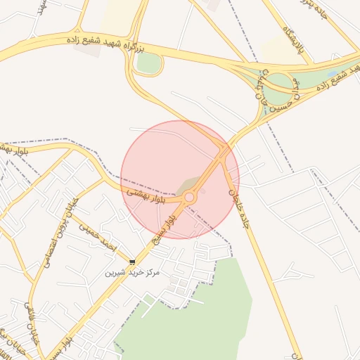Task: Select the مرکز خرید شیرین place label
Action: pos(133,272)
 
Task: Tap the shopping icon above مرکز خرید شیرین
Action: pos(132,262)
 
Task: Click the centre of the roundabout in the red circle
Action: pos(189,198)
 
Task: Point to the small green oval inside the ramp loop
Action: pos(148,63)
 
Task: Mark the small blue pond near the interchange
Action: pos(331,74)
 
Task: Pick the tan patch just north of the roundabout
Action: pos(186,186)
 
